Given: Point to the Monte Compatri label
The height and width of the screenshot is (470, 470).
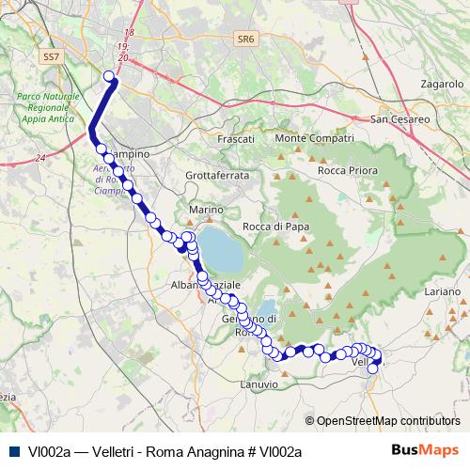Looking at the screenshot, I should (306, 139).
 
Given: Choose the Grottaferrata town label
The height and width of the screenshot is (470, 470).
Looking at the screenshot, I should (217, 176).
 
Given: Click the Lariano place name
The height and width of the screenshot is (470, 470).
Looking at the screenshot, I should (442, 293).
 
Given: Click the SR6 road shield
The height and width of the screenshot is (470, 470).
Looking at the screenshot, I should (246, 39).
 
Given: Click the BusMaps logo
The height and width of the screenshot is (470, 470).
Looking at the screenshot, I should (431, 450).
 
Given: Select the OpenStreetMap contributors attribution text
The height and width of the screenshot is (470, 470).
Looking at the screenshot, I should (387, 420).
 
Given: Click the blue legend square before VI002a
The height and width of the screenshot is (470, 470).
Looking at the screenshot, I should (15, 451).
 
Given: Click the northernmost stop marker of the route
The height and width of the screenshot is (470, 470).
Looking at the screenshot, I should (109, 77).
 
